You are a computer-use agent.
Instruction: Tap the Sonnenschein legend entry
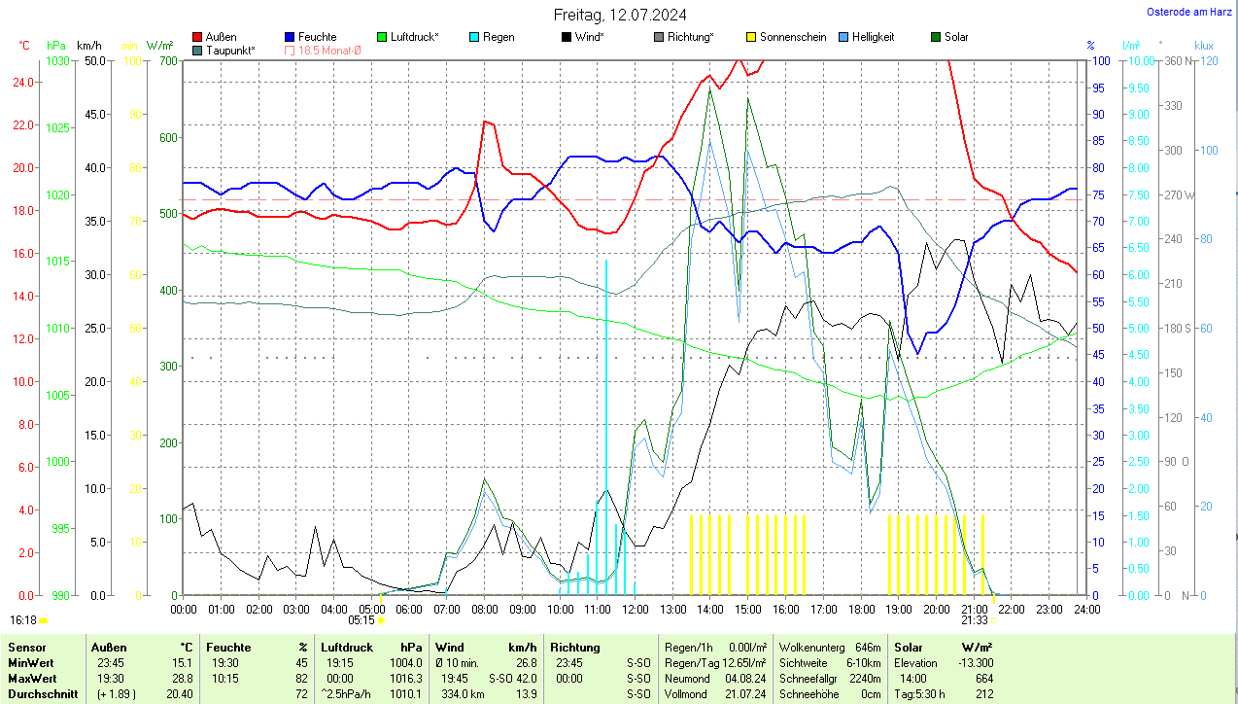coord(786,37)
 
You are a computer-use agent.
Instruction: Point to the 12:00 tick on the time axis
coord(635,609)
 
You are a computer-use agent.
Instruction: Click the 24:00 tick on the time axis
coord(1086,609)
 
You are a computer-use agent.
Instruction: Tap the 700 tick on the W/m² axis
coord(168,60)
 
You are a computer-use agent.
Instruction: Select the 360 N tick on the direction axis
coord(1178,60)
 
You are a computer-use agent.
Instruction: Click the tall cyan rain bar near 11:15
coord(606,428)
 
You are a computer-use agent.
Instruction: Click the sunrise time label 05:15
coord(361,619)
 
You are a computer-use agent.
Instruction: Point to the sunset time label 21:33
coord(975,619)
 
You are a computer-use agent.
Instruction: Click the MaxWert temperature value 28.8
coord(183,678)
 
